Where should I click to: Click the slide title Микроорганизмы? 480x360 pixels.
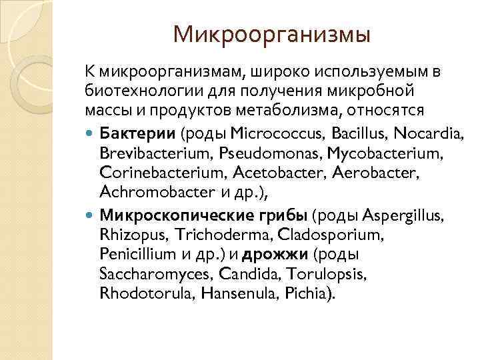point(271,34)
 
